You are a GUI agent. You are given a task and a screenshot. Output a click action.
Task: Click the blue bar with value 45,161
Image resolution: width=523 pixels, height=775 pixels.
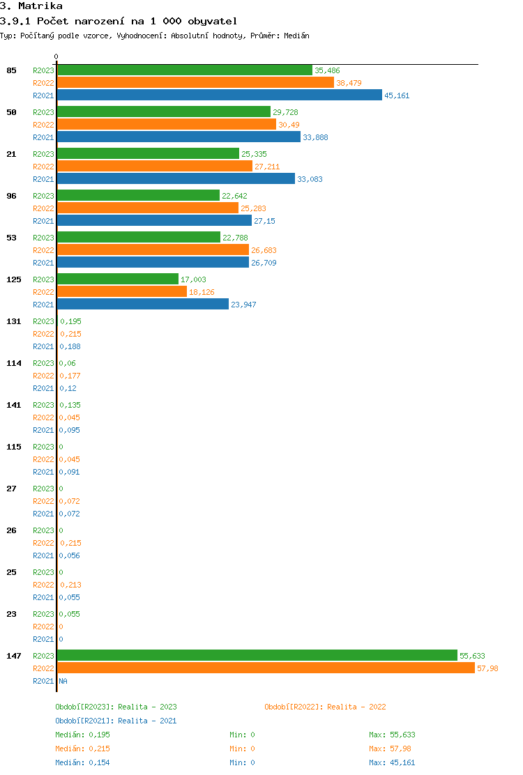(220, 95)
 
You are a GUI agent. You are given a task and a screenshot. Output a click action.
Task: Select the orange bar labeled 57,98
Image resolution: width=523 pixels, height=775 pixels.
(266, 668)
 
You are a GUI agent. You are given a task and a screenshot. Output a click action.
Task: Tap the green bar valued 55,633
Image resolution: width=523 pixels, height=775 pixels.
(257, 656)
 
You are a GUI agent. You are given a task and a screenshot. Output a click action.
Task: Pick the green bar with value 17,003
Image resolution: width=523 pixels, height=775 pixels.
(118, 279)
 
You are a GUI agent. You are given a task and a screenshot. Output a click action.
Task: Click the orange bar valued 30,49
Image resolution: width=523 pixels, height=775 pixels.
(167, 125)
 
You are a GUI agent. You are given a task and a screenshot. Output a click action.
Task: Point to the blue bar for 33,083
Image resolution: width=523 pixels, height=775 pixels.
(176, 179)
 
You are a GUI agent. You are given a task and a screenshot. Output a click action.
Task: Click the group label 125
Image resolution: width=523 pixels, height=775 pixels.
(13, 279)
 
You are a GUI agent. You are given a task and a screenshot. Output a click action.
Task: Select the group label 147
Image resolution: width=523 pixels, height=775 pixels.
(13, 656)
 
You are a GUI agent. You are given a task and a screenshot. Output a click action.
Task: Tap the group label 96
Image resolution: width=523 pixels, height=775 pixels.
(11, 196)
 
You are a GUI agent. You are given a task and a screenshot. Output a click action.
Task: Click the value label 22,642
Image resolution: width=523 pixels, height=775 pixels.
(234, 196)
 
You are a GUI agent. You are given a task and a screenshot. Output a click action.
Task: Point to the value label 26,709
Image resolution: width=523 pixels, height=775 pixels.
(264, 263)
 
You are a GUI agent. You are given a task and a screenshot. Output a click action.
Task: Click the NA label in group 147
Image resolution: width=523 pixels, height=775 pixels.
(63, 681)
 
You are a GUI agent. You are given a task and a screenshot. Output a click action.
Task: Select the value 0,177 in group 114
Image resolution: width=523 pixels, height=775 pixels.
(70, 376)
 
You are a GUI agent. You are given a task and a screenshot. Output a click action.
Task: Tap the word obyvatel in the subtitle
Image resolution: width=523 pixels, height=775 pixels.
(212, 22)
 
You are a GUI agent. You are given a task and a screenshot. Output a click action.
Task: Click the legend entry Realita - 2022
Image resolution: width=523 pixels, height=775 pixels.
(356, 707)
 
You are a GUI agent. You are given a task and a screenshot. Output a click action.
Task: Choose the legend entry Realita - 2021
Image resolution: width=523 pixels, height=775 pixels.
(147, 721)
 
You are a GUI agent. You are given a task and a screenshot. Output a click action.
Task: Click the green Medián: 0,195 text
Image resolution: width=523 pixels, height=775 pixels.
(82, 735)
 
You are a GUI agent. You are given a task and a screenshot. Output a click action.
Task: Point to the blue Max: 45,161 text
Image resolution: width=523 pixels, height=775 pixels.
(392, 762)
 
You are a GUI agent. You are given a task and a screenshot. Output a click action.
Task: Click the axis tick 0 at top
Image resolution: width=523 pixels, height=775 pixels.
(56, 57)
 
